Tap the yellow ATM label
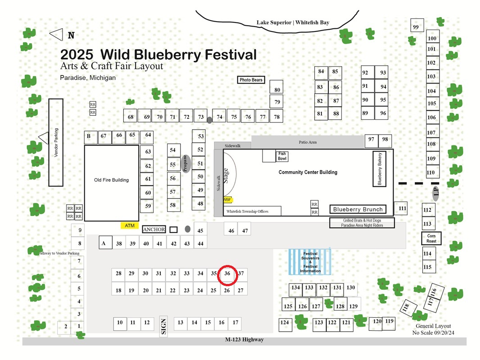[130, 225]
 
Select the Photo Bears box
[251, 80]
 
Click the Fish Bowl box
[282, 156]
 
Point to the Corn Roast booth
[431, 238]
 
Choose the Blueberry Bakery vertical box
[379, 169]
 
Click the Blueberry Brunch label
[358, 209]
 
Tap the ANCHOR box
[154, 229]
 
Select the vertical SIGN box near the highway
[163, 326]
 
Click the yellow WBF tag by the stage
[227, 200]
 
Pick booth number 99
[417, 25]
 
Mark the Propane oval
[185, 164]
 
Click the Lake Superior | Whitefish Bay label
[293, 22]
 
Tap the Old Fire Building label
[111, 180]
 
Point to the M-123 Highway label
[245, 339]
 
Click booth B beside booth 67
[91, 137]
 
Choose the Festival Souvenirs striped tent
[310, 262]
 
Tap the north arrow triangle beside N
[56, 35]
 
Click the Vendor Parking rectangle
[56, 143]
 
